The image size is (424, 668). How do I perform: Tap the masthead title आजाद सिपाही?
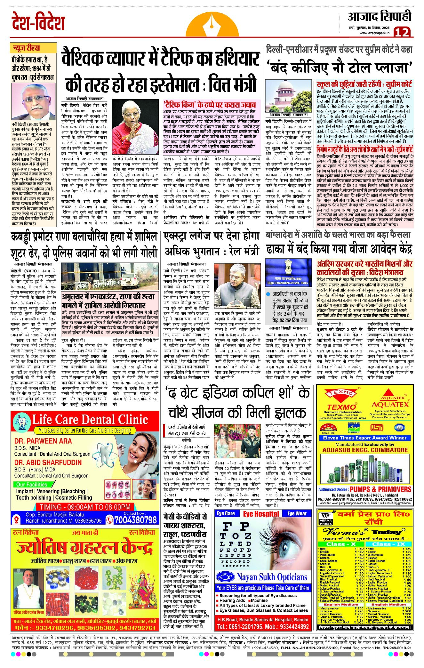coord(379,16)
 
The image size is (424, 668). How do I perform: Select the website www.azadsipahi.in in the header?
coord(374,33)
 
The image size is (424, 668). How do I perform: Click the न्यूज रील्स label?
coord(26,48)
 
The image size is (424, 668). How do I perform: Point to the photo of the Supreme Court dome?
coord(289,95)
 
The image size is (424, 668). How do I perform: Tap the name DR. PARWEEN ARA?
coord(43,441)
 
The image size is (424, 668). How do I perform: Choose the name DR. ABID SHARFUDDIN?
coord(48,462)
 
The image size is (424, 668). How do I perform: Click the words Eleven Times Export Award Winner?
coord(364,438)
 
